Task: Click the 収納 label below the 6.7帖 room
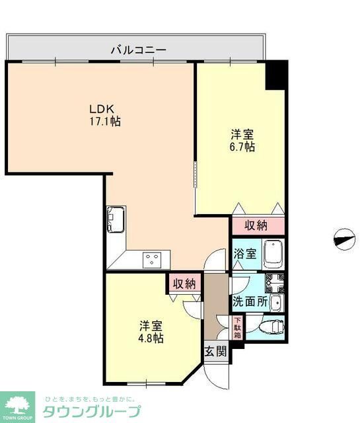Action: point(256,225)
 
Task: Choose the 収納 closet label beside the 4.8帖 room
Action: point(184,284)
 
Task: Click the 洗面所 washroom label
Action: point(250,301)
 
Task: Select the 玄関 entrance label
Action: point(215,351)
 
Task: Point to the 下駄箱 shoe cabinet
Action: point(238,328)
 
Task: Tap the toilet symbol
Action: point(272,326)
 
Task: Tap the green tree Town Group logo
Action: point(19,403)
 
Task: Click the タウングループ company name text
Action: point(91,410)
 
